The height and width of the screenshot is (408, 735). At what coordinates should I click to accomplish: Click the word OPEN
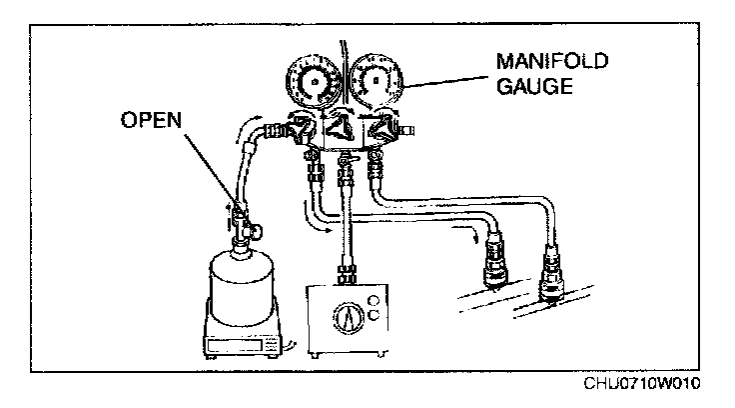[x=153, y=120]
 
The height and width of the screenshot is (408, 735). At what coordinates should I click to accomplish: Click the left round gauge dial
[x=315, y=86]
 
